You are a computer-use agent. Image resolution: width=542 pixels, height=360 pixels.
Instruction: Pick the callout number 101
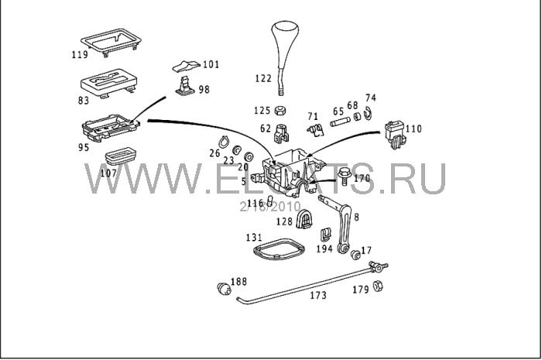coord(211,64)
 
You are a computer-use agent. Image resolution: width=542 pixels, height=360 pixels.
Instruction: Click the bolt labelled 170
coord(342,178)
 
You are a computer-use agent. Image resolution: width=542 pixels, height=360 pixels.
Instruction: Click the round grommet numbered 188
coord(224,289)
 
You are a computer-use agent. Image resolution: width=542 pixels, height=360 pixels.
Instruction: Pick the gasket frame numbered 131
coord(275,252)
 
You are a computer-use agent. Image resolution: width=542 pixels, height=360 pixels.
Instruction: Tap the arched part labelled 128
coord(307,219)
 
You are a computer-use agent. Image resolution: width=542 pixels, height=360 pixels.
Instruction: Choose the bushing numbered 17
coord(356,255)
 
